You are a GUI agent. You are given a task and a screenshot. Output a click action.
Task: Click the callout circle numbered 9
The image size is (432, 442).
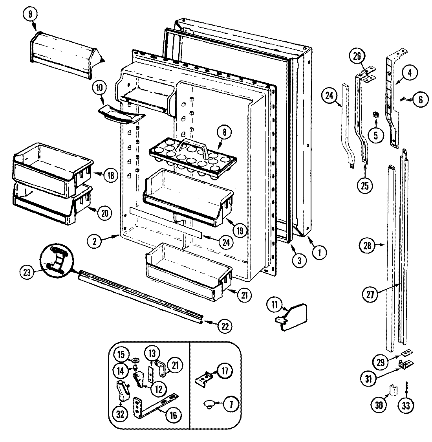tap(30, 15)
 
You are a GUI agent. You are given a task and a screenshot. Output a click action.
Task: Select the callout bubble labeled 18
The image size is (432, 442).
tap(110, 176)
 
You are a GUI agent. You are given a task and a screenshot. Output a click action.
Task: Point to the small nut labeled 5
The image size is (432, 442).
tap(375, 115)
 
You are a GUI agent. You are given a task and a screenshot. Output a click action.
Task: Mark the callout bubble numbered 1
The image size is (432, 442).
tap(319, 252)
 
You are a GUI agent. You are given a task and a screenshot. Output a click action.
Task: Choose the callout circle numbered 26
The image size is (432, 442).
tap(358, 57)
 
